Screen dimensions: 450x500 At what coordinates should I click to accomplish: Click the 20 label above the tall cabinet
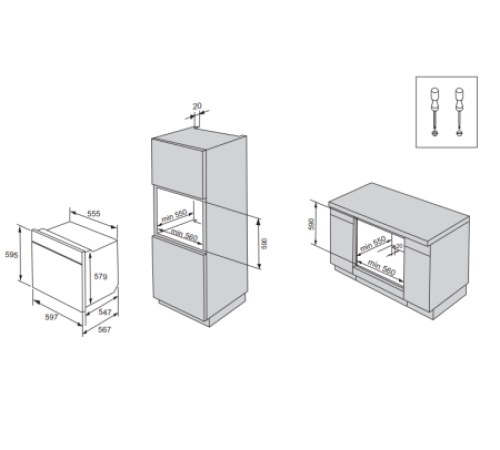[197, 105]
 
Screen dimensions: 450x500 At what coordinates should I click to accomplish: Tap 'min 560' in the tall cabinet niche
[183, 232]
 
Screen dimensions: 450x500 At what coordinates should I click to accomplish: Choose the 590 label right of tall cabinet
[265, 241]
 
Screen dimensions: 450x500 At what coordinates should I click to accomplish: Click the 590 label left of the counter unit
[311, 225]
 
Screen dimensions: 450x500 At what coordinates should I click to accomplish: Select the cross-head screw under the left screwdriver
[436, 132]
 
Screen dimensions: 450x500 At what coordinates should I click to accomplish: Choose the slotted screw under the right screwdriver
[459, 132]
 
